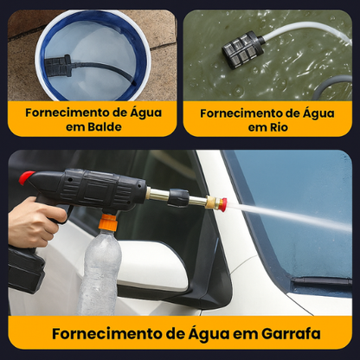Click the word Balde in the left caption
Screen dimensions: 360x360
(98, 126)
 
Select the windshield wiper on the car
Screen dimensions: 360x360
(320, 284)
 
